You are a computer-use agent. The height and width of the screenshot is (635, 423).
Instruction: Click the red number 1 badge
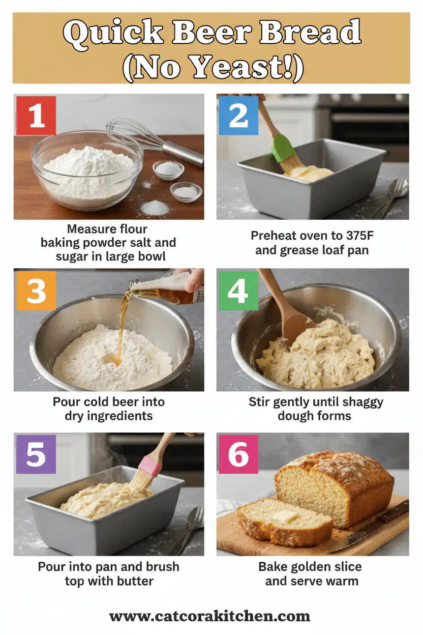[36, 116]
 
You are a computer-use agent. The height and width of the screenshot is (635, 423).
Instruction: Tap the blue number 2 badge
[238, 116]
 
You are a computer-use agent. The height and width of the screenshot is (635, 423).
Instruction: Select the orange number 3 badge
[36, 291]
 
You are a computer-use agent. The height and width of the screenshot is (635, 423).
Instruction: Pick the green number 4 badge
[238, 291]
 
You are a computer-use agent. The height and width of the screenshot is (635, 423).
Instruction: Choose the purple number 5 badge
[36, 454]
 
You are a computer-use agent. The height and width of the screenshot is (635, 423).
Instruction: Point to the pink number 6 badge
[238, 454]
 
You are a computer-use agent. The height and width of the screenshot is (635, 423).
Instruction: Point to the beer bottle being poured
[168, 288]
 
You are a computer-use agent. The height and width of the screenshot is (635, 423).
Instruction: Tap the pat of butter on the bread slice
[285, 516]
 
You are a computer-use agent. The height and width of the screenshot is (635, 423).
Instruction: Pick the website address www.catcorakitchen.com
[210, 617]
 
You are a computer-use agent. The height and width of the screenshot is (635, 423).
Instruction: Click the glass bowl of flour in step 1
[86, 170]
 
